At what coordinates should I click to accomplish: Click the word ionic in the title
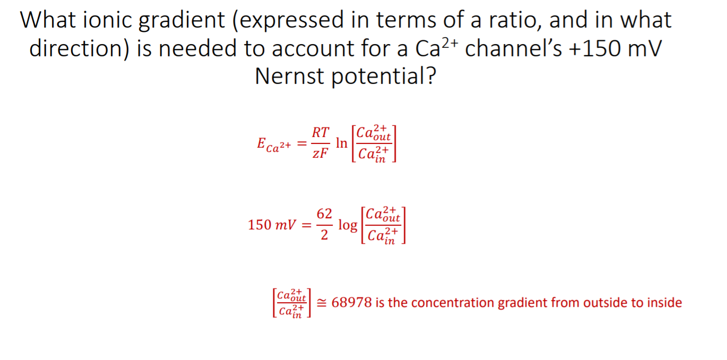coord(108,20)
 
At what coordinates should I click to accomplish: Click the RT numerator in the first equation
coord(320,132)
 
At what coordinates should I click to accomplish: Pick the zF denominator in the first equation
coord(319,154)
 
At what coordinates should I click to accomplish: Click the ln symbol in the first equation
coord(342,143)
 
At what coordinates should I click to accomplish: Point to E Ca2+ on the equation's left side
coord(274,144)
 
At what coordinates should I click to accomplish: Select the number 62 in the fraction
coord(324,214)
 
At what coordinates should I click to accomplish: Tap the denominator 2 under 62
coord(324,235)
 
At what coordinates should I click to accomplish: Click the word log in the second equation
coord(348,225)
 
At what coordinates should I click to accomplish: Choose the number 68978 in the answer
coord(351,303)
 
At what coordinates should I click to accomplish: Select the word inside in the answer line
coord(663,303)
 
